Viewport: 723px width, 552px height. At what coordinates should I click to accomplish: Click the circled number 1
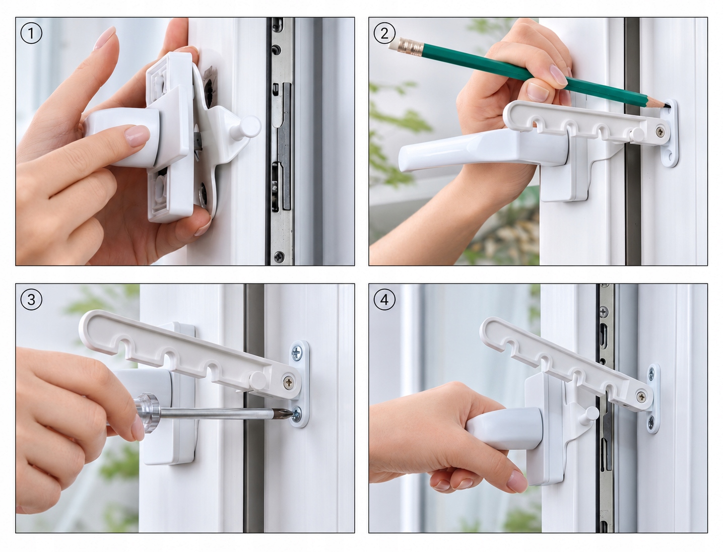click(31, 33)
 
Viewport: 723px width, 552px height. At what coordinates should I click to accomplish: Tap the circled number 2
click(384, 33)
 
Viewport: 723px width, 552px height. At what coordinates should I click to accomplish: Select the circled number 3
click(31, 300)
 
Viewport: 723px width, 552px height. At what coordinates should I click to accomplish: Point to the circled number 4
click(384, 300)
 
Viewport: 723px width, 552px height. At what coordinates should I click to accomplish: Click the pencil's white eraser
click(394, 44)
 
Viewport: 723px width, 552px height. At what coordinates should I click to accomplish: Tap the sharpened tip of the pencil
click(666, 106)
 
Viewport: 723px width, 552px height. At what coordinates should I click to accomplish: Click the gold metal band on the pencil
click(411, 48)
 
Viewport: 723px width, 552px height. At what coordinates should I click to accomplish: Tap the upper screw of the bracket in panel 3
click(296, 353)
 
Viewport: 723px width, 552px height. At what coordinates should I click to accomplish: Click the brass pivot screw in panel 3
click(289, 382)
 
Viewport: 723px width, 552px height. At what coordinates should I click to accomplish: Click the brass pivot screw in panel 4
click(641, 397)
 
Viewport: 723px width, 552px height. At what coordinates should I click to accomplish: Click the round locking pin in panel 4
click(589, 415)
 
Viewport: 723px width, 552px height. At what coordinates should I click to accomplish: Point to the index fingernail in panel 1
click(137, 135)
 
